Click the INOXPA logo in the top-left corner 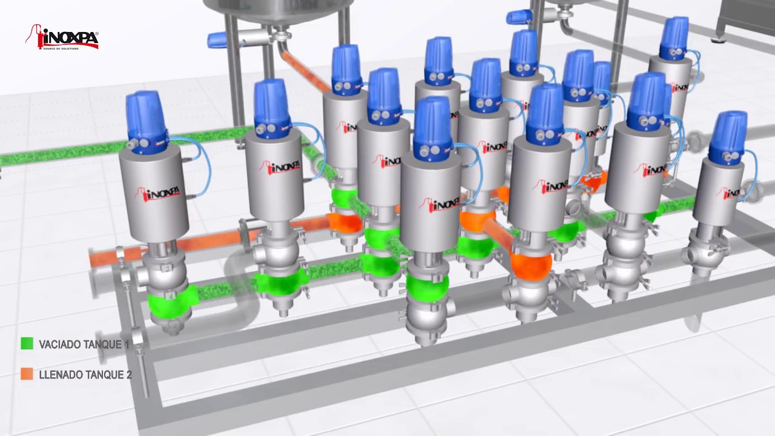62,38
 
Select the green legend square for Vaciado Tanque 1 27,344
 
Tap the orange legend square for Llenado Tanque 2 27,374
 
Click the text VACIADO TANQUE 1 84,345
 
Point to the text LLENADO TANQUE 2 85,375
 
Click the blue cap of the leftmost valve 147,118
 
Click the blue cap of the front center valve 433,124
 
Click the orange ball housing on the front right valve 530,265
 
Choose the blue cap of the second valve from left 270,106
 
